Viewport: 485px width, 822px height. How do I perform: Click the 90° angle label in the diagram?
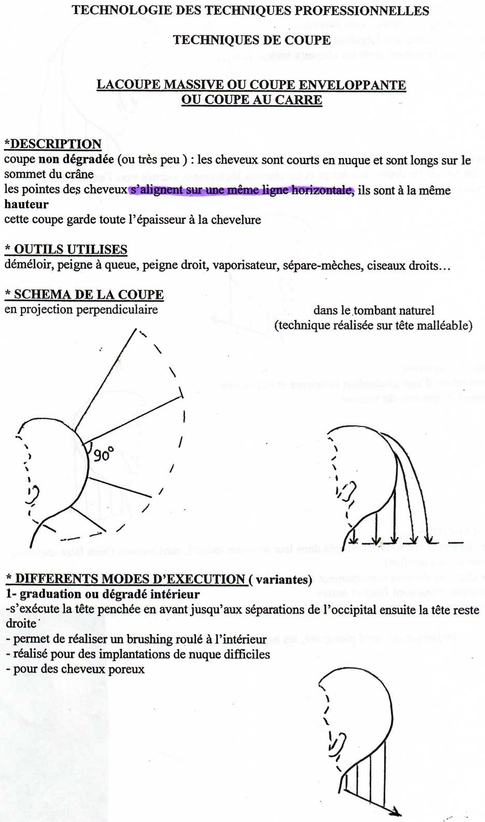tap(104, 454)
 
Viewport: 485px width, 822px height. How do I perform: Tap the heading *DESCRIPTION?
tap(53, 144)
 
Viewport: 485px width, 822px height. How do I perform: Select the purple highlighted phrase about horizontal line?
tap(241, 190)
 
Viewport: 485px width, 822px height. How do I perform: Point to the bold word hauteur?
tap(26, 205)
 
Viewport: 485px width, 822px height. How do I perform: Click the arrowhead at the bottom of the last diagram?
tap(396, 812)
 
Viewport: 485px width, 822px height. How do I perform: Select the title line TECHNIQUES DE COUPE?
tap(252, 40)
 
